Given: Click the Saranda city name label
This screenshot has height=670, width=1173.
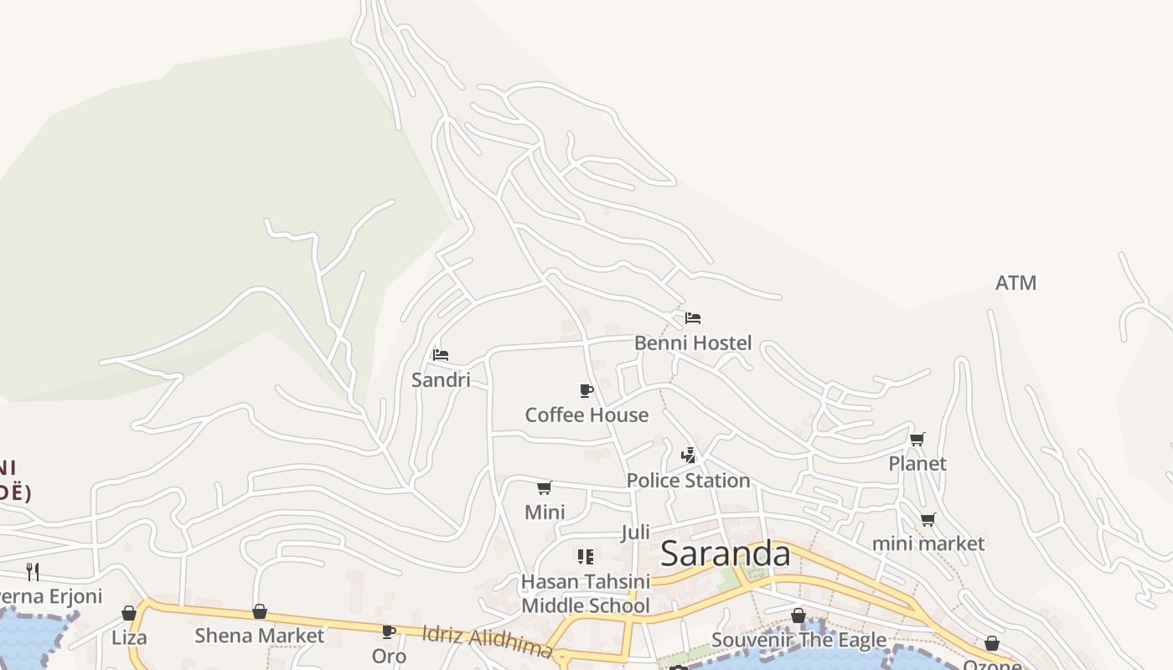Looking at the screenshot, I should (725, 554).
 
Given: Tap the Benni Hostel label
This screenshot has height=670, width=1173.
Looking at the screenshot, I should (693, 343).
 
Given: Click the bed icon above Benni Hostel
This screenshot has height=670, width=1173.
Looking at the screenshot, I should (693, 318).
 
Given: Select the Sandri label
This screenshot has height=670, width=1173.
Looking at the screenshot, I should (441, 379).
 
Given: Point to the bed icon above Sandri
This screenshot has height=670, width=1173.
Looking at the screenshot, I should (441, 355).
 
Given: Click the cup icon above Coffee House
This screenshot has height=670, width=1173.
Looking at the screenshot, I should (586, 390).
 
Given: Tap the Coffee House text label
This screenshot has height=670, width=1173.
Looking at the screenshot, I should (586, 415).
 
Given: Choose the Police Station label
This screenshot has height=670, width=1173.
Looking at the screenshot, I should (688, 480).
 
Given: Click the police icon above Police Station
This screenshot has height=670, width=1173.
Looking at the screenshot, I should (688, 456).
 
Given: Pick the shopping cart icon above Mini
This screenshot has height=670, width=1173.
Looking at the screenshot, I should (545, 487).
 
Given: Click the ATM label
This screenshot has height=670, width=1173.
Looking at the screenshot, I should (1015, 283).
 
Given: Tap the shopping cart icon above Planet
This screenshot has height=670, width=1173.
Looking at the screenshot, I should (917, 439).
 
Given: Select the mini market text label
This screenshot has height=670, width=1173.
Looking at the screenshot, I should (928, 544).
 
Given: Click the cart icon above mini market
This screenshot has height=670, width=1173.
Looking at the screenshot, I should (928, 519).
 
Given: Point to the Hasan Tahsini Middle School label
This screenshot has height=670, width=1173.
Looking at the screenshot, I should (586, 593).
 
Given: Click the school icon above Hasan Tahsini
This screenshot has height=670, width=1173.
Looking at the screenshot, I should (586, 556).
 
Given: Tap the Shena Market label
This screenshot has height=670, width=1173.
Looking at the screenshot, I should (259, 636).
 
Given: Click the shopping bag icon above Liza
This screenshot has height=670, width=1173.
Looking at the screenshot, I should (129, 613).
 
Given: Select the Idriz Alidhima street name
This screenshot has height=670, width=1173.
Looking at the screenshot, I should (487, 641).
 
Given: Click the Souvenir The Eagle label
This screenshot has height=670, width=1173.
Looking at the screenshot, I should (798, 641).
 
